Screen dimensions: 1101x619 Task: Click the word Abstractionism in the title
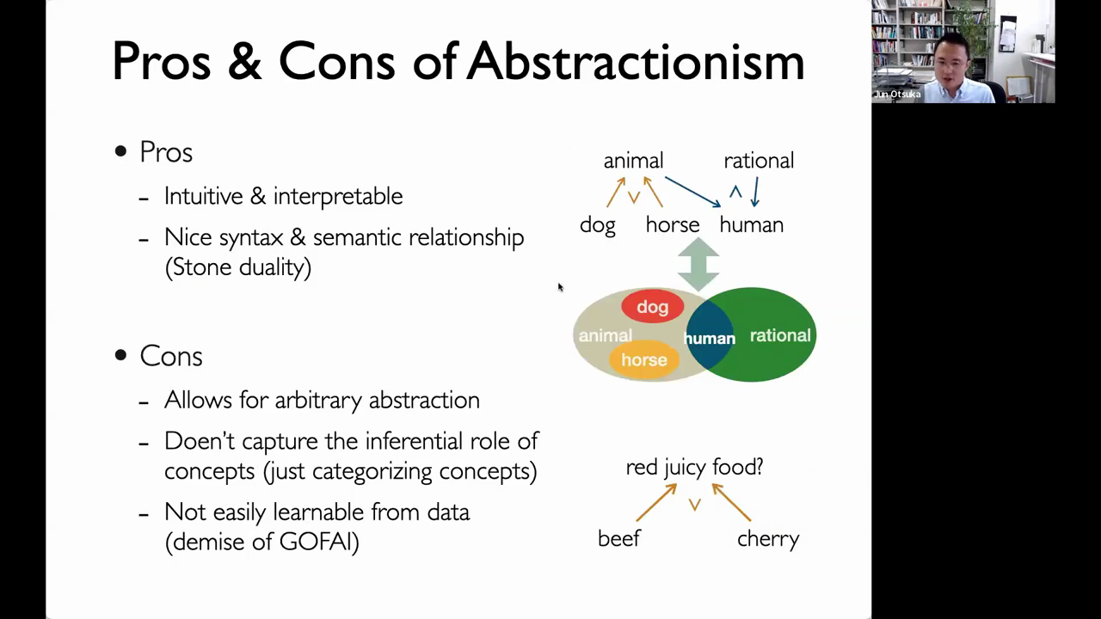coord(635,61)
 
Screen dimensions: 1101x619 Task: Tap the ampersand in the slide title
coord(245,61)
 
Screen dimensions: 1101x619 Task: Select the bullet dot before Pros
coord(120,150)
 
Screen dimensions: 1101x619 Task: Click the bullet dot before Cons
coord(120,355)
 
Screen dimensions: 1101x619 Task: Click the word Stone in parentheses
coord(202,267)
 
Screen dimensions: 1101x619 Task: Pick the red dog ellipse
coord(652,307)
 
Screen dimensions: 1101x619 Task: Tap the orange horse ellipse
coord(644,359)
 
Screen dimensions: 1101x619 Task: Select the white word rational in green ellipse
coord(780,335)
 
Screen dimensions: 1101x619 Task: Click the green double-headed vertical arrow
coord(698,264)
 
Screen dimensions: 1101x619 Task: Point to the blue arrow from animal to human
coord(693,192)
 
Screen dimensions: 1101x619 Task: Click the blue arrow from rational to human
coord(756,192)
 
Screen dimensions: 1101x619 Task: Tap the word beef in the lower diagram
coord(618,539)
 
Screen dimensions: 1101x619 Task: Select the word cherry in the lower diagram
coord(768,539)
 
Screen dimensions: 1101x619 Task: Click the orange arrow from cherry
coord(731,502)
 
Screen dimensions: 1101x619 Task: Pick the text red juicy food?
coord(694,467)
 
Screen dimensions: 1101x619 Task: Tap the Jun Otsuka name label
coord(897,95)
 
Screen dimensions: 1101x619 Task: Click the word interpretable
coord(338,196)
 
